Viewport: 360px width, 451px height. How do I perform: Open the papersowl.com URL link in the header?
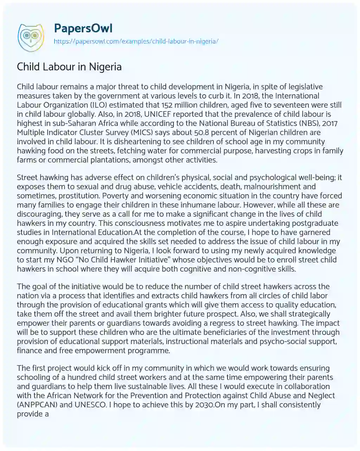point(136,41)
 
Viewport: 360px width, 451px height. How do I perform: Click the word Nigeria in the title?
point(105,66)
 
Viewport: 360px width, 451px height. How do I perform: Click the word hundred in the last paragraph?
point(83,377)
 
